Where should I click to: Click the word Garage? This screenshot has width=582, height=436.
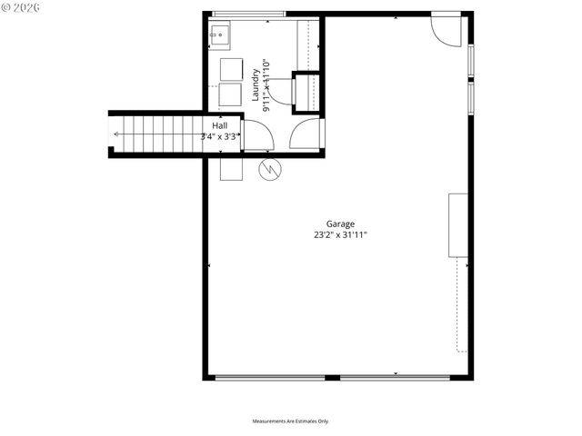click(341, 224)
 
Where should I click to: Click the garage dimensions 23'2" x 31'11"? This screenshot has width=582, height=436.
click(341, 234)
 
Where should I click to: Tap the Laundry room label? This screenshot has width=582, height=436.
click(257, 84)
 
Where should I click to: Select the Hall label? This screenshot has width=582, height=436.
click(220, 125)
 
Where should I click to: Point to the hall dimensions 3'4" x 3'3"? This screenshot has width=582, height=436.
click(220, 136)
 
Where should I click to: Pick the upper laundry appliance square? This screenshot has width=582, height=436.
click(232, 71)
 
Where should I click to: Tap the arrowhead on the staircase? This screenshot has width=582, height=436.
click(115, 134)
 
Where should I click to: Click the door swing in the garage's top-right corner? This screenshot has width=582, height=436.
click(446, 29)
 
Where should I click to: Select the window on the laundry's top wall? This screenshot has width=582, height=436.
click(248, 14)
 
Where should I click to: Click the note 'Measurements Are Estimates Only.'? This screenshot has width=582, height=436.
click(290, 421)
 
